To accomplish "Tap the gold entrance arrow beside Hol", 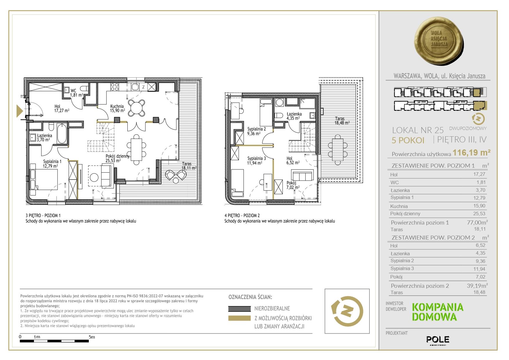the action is tap(20, 111).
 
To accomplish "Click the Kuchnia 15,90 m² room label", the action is tap(118, 108).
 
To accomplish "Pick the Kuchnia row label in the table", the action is tap(399, 206).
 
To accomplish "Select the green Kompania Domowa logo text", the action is tap(438, 312).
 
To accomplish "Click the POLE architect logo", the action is tap(438, 339).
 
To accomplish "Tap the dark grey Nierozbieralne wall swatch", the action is tap(239, 309).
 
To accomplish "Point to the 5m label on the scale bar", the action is tap(92, 337).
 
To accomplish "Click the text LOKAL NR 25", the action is tap(418, 130).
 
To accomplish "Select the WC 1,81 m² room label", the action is tap(76, 93).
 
